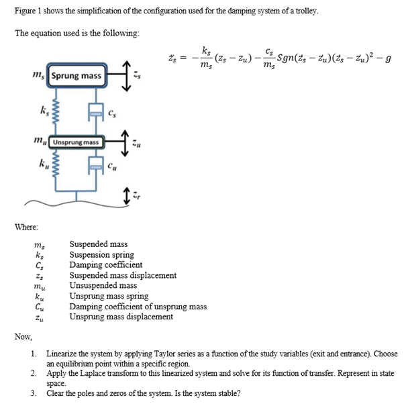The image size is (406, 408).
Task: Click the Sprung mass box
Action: click(x=77, y=76)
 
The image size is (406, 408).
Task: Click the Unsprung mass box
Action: click(x=77, y=142)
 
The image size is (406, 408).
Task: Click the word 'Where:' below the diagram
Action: click(x=26, y=228)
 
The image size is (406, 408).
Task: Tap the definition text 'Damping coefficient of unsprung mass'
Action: click(x=138, y=307)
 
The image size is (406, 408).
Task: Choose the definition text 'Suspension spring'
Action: click(x=102, y=255)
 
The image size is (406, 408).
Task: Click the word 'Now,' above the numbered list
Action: click(x=23, y=336)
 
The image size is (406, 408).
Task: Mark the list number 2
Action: click(x=34, y=372)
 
